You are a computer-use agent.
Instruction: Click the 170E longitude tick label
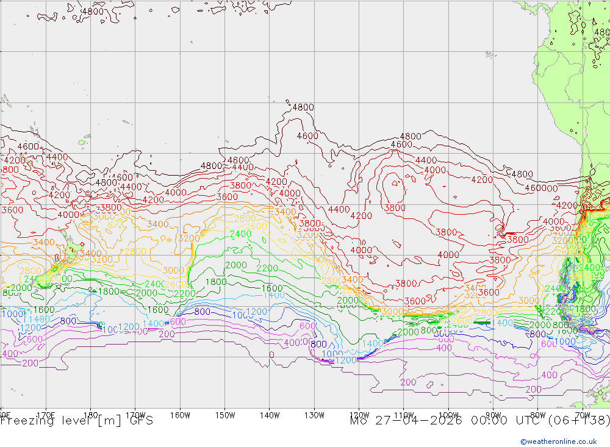point(46,415)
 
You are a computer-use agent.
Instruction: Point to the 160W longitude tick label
point(180,415)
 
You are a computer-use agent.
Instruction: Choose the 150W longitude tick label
point(225,415)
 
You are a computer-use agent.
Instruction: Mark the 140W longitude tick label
point(270,415)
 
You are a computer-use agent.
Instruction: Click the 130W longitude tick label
point(314,415)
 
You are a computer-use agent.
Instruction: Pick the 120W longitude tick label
point(359,415)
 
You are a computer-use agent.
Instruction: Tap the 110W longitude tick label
point(404,415)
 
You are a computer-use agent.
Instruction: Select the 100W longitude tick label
point(448,415)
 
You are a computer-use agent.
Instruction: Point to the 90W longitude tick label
point(493,415)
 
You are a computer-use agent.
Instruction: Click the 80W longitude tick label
point(537,415)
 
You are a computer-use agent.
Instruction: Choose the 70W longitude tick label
point(583,415)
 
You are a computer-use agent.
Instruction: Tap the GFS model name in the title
point(140,421)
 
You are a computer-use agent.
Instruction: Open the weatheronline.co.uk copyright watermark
point(558,442)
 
